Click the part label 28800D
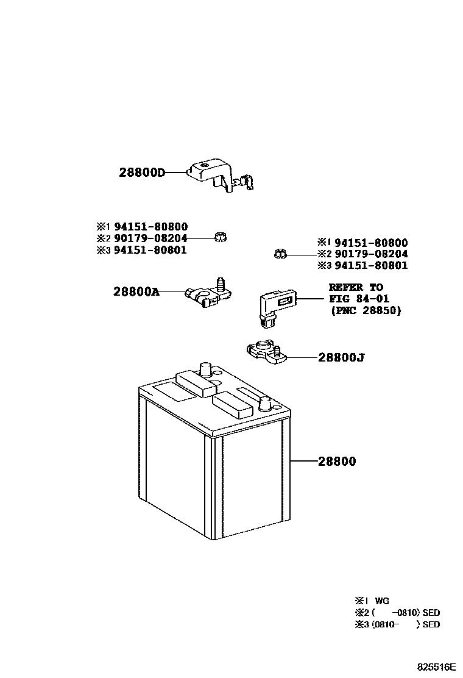[142, 173]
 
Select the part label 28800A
[136, 291]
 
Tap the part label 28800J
[341, 357]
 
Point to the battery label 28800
[337, 462]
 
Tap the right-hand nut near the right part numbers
[280, 253]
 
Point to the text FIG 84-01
[359, 299]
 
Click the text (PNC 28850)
[366, 310]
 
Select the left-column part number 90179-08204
[150, 238]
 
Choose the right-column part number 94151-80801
[371, 265]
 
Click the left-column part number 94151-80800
[150, 227]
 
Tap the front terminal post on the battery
[265, 404]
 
